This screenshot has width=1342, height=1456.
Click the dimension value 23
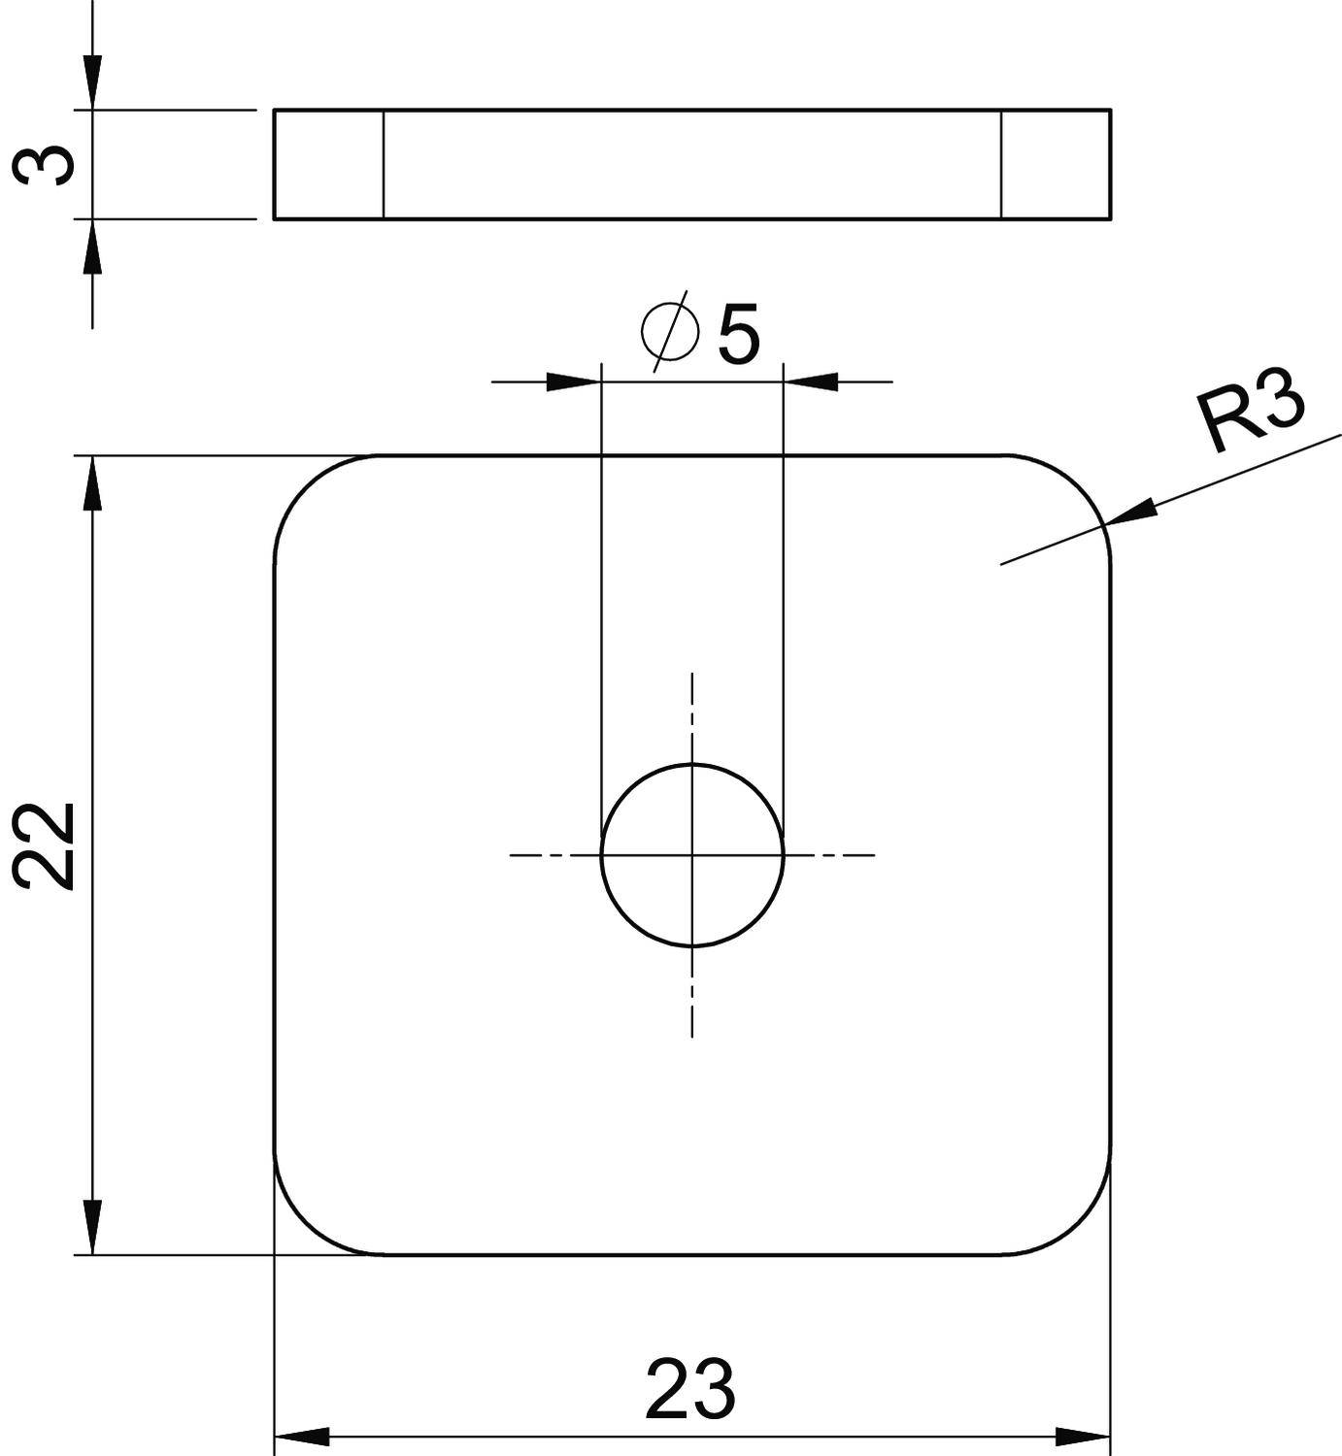[690, 1390]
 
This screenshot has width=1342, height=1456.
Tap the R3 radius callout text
[1251, 414]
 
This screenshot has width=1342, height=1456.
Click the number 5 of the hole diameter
[739, 336]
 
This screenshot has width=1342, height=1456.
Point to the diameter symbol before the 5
[670, 331]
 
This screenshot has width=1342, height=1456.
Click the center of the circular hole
[692, 855]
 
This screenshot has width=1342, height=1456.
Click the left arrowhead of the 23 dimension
[302, 1436]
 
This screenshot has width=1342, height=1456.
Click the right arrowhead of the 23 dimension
[1083, 1436]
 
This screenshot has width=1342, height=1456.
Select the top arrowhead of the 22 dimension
[92, 482]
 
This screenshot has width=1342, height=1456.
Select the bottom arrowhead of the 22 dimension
[92, 1227]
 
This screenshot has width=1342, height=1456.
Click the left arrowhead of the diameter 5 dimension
[573, 381]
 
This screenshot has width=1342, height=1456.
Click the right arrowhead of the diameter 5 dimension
[812, 381]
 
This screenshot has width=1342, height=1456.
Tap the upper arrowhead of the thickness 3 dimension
[92, 83]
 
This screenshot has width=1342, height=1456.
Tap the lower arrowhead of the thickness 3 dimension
[92, 247]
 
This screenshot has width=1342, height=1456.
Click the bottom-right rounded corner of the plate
[1080, 1225]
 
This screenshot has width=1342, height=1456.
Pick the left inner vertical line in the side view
[384, 164]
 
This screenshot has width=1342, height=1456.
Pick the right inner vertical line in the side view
[1001, 164]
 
